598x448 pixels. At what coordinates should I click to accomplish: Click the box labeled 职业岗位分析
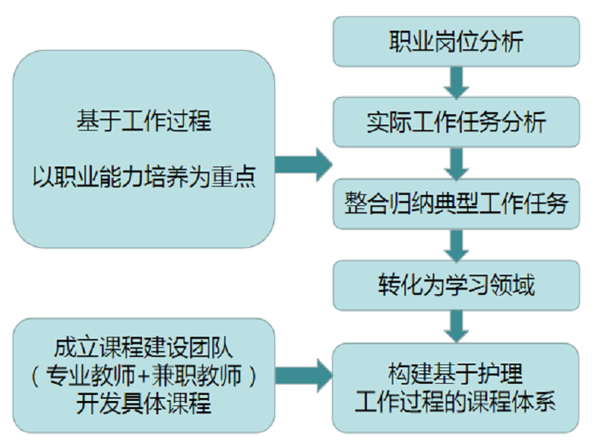click(x=456, y=41)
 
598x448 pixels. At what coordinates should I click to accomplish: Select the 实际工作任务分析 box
click(x=456, y=121)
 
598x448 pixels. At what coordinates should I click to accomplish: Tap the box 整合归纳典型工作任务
click(x=456, y=203)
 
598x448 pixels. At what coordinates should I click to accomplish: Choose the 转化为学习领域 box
click(x=456, y=284)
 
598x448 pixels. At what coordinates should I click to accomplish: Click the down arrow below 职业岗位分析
click(x=456, y=81)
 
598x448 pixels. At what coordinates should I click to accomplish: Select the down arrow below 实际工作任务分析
click(x=456, y=162)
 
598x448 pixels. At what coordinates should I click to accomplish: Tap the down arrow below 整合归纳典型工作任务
click(x=456, y=243)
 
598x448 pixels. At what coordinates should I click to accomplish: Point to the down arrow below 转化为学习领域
click(x=456, y=325)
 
